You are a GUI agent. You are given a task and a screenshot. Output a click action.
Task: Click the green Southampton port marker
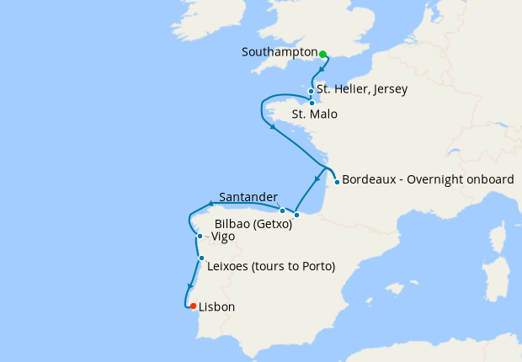(x=322, y=54)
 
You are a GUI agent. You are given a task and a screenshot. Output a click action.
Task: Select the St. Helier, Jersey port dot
(x=312, y=91)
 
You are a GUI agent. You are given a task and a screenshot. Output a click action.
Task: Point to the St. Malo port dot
(x=312, y=104)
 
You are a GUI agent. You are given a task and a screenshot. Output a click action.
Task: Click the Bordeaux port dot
(x=337, y=181)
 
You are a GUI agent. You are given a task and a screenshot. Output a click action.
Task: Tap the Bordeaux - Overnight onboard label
(x=427, y=179)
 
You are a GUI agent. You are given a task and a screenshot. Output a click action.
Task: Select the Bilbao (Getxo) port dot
(x=296, y=215)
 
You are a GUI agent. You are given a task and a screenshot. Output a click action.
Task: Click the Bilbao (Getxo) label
(x=253, y=225)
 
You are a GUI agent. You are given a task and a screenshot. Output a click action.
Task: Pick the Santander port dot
(x=283, y=209)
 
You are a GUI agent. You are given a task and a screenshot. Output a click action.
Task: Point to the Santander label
(x=248, y=198)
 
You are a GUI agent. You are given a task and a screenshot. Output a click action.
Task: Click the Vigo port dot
(x=200, y=237)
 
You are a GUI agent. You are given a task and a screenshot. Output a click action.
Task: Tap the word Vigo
(x=223, y=237)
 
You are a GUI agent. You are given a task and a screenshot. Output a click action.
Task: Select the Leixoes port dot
(x=201, y=258)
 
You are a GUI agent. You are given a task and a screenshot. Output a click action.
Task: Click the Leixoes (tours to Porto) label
(x=270, y=267)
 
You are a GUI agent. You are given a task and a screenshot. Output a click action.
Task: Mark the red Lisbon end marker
(x=193, y=306)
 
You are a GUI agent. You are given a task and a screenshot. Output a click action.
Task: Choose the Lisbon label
(x=216, y=307)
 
